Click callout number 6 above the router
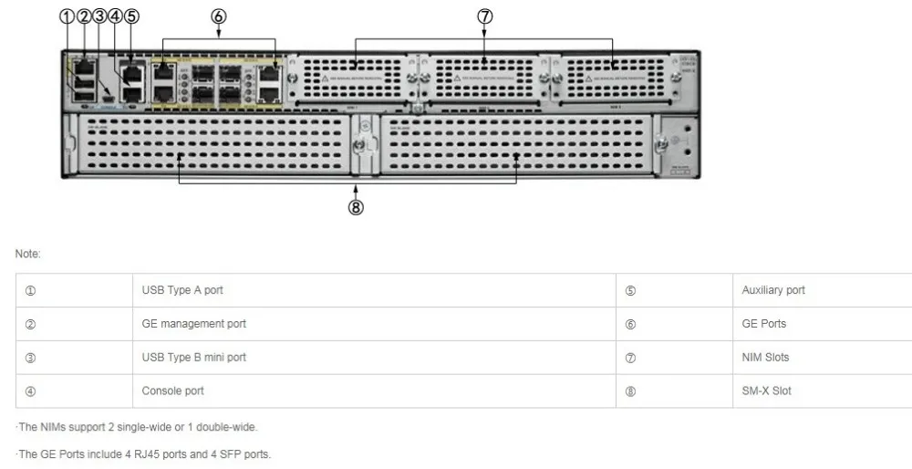click(219, 16)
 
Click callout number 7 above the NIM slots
click(484, 16)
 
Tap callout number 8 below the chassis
click(356, 207)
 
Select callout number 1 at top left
click(67, 16)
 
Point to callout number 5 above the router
click(131, 16)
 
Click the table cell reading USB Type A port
click(182, 290)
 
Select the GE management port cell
click(193, 324)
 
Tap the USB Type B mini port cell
click(193, 357)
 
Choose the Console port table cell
click(172, 391)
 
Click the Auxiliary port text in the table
click(773, 290)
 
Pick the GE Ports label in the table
click(763, 324)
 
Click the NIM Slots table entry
click(765, 357)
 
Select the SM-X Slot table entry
click(766, 391)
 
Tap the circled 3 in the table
click(30, 358)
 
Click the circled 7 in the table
click(630, 358)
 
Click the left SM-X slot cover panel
click(214, 142)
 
